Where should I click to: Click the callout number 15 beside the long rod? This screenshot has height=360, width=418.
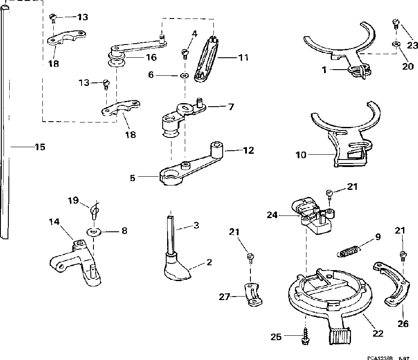[x=40, y=147]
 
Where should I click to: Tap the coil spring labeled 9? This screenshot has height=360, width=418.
[x=350, y=251]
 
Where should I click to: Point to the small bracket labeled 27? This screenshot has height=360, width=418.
[x=253, y=295]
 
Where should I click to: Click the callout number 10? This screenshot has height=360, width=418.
[x=302, y=155]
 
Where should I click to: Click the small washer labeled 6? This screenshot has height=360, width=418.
[x=183, y=76]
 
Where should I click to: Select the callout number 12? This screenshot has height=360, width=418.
[x=248, y=150]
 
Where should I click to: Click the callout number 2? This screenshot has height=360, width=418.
[x=209, y=263]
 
